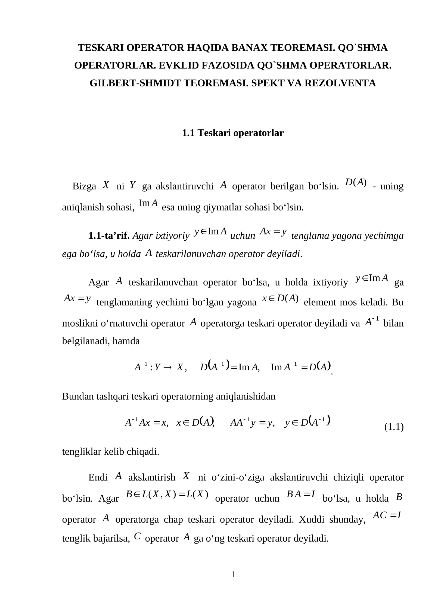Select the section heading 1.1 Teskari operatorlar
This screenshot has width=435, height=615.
(232, 133)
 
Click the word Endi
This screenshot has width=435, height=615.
(98, 477)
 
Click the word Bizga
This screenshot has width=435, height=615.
(84, 187)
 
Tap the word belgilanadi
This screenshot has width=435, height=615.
(85, 341)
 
